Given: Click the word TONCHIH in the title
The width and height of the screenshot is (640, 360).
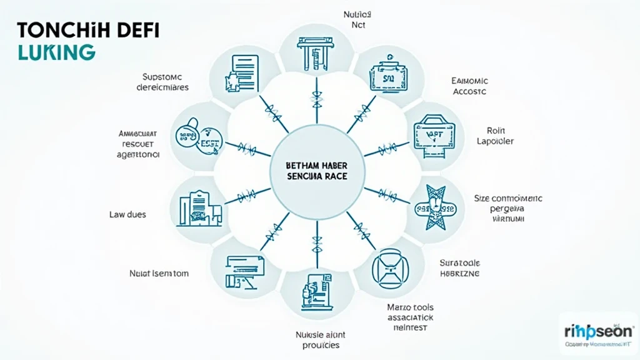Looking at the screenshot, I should click(x=46, y=29).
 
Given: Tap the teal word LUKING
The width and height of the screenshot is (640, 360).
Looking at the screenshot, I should click(x=49, y=52).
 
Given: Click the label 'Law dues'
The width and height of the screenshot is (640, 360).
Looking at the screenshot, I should click(x=127, y=214).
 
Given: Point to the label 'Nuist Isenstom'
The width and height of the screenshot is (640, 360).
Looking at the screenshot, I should click(x=159, y=273).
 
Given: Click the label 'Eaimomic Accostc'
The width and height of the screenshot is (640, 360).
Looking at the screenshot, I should click(x=469, y=86).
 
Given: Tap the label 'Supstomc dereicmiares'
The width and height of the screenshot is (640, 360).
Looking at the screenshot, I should click(x=162, y=82).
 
